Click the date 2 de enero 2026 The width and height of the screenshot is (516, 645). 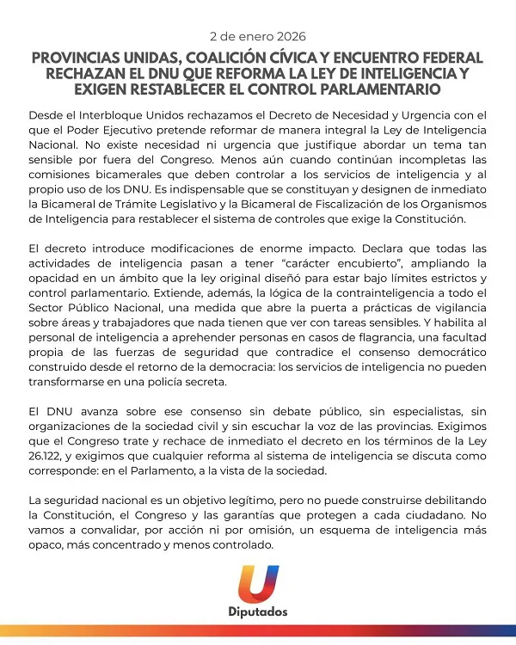257,37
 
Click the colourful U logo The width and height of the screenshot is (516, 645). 258,584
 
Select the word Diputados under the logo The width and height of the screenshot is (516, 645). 258,612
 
